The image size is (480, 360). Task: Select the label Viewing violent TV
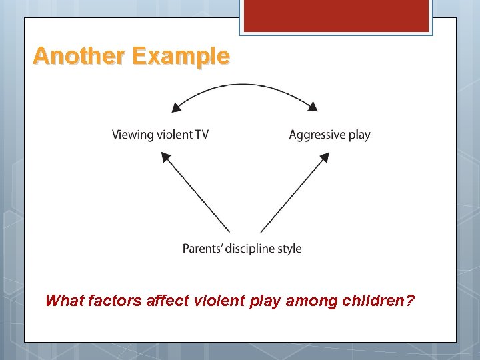point(160,135)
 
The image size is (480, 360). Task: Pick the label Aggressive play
point(329,135)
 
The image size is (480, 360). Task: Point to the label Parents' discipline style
point(242,249)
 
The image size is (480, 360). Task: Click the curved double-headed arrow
point(245,85)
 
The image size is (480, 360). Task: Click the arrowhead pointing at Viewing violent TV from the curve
point(177,106)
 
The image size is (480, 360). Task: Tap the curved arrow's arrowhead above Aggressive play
point(312,105)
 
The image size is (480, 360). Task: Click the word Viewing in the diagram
point(132,135)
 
